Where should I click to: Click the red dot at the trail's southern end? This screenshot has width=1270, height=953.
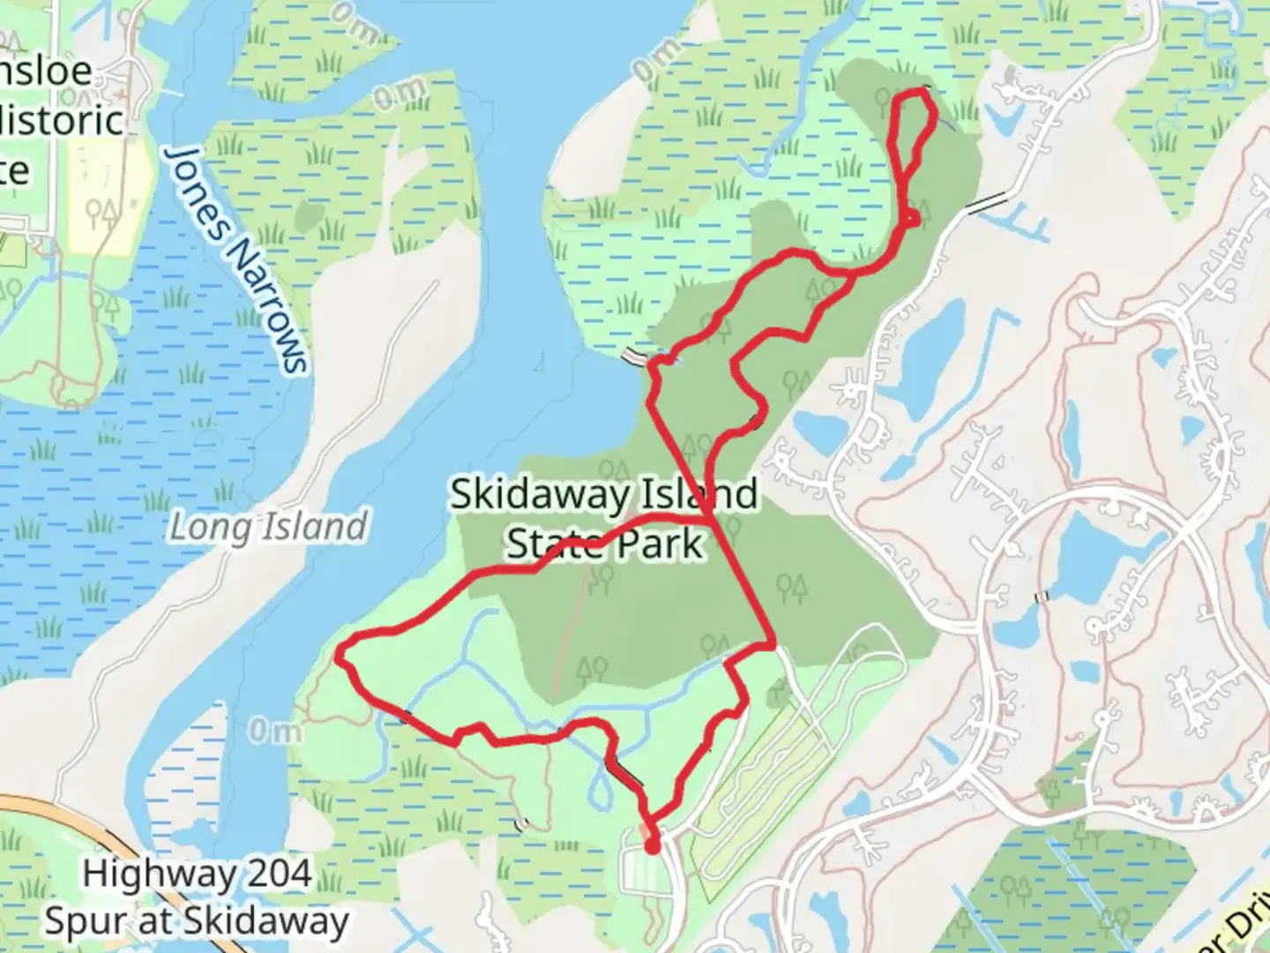(653, 847)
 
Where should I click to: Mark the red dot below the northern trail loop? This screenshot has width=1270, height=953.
(913, 218)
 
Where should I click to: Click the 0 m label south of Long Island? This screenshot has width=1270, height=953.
(274, 732)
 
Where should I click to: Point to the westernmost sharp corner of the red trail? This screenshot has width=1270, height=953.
(340, 655)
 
